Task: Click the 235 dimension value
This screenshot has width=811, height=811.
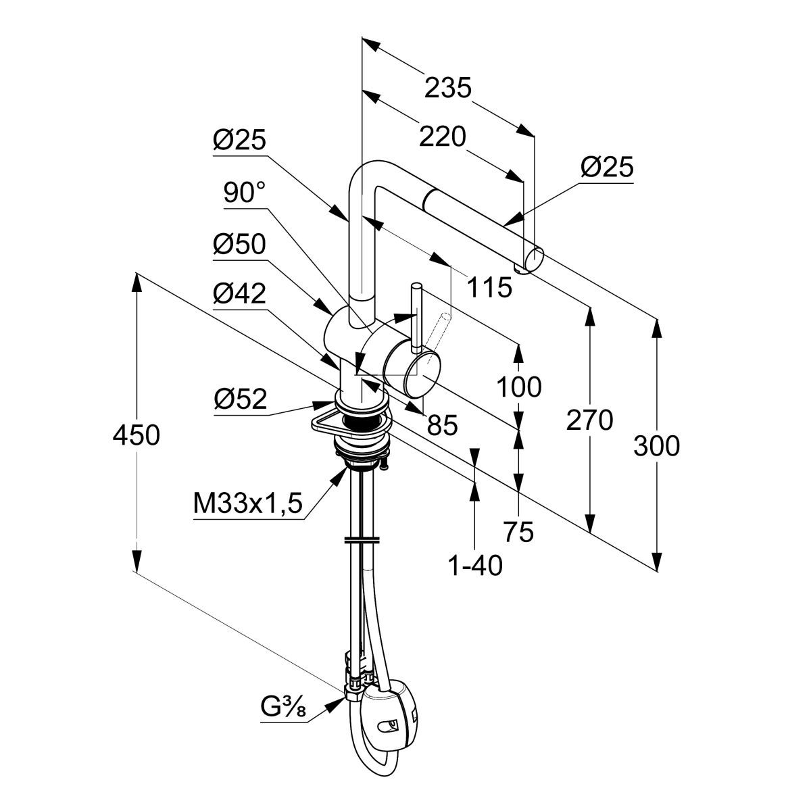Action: coord(447,88)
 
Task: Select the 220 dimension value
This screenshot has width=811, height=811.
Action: coord(443,137)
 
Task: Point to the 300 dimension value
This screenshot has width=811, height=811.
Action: coord(656,445)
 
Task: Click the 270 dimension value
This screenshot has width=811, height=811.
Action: coord(590,420)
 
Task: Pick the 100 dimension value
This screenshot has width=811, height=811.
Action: coord(519,387)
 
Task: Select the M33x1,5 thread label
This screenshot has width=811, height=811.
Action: coord(247,503)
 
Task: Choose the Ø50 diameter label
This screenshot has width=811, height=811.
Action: coord(239,245)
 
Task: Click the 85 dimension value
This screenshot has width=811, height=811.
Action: coord(443,425)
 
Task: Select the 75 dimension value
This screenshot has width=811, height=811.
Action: coord(518,533)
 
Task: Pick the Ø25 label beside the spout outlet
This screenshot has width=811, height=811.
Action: coord(607,167)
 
